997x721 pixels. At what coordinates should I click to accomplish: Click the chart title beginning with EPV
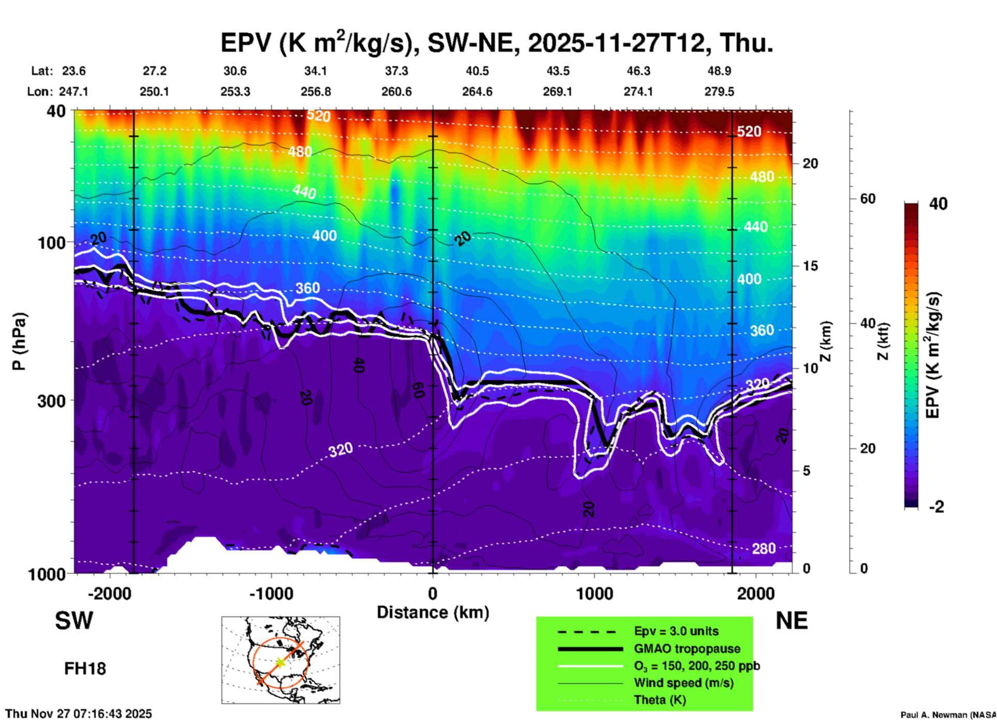coord(496,43)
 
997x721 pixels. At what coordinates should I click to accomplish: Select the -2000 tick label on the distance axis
coord(109,594)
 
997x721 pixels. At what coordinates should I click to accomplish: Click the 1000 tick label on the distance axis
coord(595,594)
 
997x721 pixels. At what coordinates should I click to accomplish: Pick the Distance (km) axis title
coord(433,612)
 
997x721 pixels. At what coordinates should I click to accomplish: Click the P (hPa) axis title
coord(19,341)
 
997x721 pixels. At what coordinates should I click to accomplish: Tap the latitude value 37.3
coord(396,71)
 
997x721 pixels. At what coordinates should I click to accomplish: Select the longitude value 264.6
coord(477,92)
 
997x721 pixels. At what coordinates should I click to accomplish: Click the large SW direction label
coord(74,621)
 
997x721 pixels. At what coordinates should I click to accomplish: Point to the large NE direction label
coord(791,621)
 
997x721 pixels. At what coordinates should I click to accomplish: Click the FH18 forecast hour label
coord(85,669)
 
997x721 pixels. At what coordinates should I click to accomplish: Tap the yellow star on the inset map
coord(280,662)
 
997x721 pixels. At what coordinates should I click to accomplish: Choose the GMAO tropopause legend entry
coord(687,649)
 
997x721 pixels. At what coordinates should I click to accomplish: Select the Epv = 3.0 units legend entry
coord(676,632)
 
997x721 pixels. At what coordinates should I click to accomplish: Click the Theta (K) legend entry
coord(660,700)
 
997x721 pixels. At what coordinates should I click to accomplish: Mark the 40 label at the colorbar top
coord(938,204)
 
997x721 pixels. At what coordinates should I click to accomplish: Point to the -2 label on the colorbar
coord(936,507)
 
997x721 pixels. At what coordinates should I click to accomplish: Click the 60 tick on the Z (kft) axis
coord(868,199)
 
